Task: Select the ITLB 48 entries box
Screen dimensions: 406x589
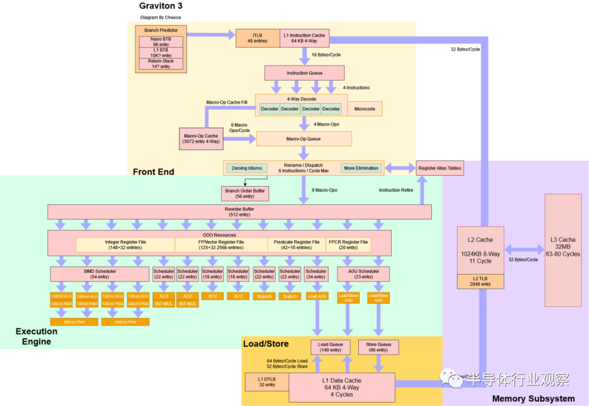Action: pyautogui.click(x=257, y=38)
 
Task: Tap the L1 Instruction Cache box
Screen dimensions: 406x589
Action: pyautogui.click(x=304, y=38)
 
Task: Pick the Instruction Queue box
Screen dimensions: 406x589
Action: pyautogui.click(x=304, y=73)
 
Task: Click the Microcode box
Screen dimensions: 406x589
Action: pyautogui.click(x=364, y=109)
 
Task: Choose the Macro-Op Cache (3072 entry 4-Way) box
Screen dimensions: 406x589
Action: pyautogui.click(x=201, y=139)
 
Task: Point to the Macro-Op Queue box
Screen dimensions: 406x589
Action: pyautogui.click(x=304, y=139)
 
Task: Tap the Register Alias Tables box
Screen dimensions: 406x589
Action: pyautogui.click(x=440, y=168)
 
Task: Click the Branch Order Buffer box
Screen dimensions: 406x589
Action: pyautogui.click(x=245, y=193)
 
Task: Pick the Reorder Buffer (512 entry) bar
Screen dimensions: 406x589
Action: pyautogui.click(x=239, y=212)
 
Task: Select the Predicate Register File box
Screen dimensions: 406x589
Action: pyautogui.click(x=297, y=244)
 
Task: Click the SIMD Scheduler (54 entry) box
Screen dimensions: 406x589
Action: pyautogui.click(x=99, y=274)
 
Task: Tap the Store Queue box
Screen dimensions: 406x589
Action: pyautogui.click(x=378, y=347)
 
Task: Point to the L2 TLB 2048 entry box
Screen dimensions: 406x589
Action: pyautogui.click(x=480, y=282)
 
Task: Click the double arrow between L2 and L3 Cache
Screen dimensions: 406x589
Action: pyautogui.click(x=524, y=250)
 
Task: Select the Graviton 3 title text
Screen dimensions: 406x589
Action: pyautogui.click(x=161, y=7)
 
